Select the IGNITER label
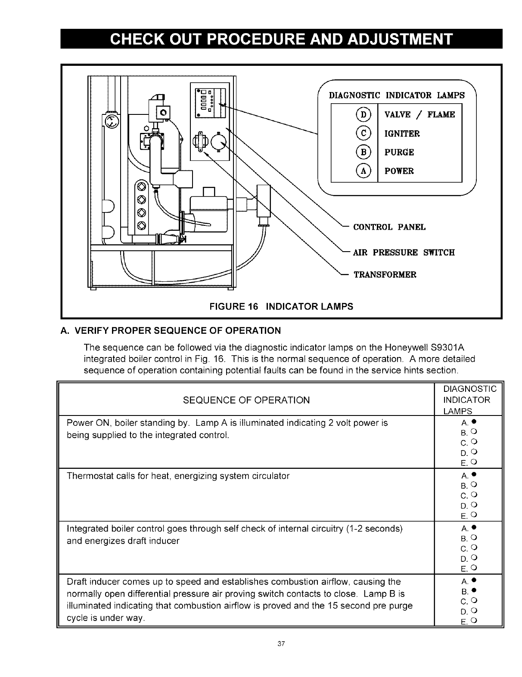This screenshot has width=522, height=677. pos(402,133)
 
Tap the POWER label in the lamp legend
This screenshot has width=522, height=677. pos(399,171)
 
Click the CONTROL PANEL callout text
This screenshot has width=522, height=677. pos(389,227)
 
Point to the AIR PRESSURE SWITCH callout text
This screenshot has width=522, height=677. pos(404,252)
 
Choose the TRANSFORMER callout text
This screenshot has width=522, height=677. pos(385,275)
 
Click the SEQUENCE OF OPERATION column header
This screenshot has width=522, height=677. pos(246,400)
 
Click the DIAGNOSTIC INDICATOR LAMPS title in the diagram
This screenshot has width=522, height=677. pos(397,95)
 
